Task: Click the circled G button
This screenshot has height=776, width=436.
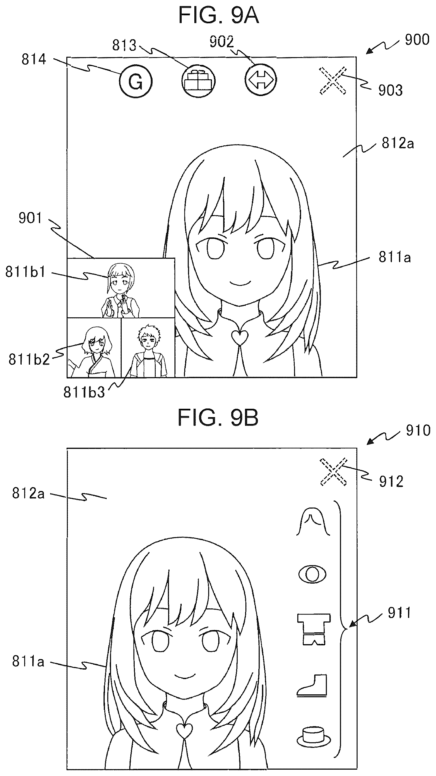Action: tap(136, 81)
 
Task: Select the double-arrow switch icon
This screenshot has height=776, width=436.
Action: tap(261, 80)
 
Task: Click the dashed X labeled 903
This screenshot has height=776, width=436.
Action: tap(333, 80)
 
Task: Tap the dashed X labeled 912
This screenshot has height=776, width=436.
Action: tap(333, 472)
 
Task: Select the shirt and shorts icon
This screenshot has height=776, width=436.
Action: tap(314, 630)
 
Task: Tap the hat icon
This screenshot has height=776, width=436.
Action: tap(313, 734)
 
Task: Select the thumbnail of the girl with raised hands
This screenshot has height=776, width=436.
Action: tap(121, 288)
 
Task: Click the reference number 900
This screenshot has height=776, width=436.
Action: tap(417, 40)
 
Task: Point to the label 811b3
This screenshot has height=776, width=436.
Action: tap(84, 392)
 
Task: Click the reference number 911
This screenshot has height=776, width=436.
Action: tap(400, 613)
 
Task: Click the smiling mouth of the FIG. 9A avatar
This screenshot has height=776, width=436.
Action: tap(240, 284)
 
